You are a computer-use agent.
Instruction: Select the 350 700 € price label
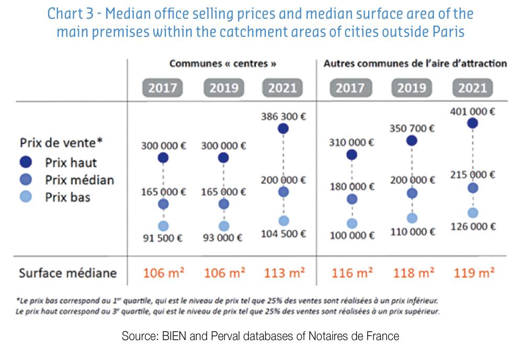(x=412, y=128)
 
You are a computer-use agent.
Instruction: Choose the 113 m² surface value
(x=283, y=273)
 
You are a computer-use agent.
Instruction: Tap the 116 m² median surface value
(x=351, y=273)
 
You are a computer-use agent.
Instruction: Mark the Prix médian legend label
(x=79, y=180)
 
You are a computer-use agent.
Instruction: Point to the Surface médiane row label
(x=68, y=273)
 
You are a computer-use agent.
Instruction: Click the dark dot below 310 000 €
(x=352, y=154)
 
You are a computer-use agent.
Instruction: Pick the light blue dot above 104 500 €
(x=283, y=221)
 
